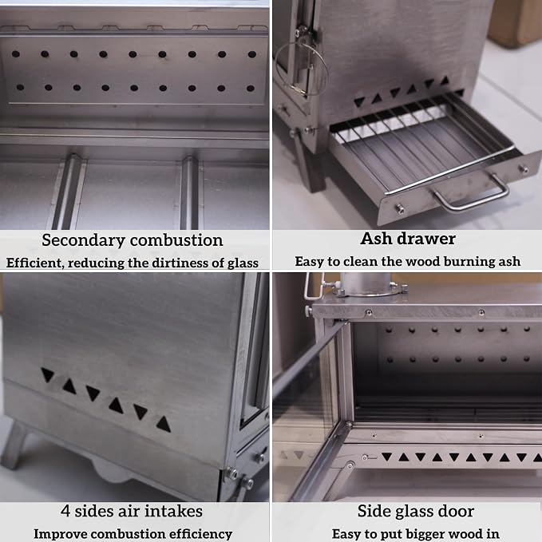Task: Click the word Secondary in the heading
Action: [x=83, y=241]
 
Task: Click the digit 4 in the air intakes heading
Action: [x=65, y=511]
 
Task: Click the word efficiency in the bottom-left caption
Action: [x=201, y=534]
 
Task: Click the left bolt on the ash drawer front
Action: [x=400, y=208]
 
